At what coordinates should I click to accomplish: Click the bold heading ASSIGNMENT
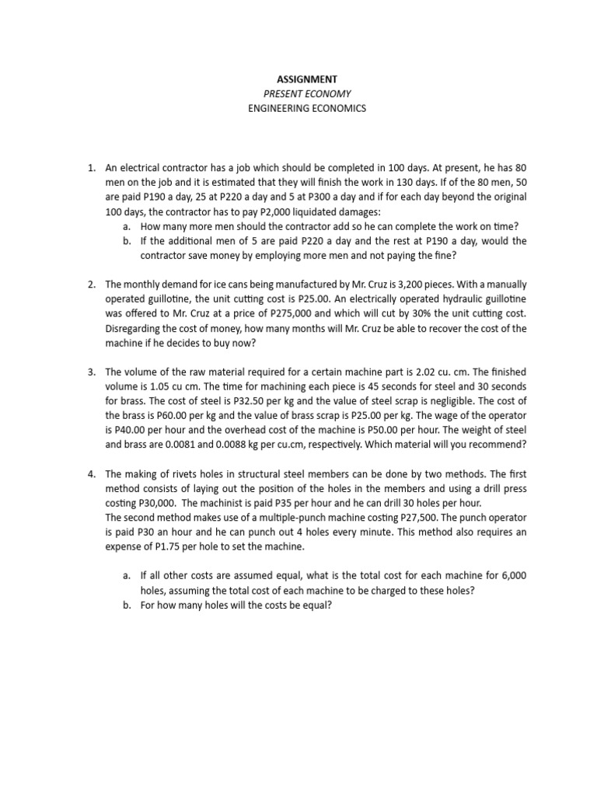pos(307,79)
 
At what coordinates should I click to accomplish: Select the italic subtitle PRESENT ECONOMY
pos(307,94)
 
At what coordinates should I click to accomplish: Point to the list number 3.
pos(91,372)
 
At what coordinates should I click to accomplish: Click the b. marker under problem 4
pos(127,606)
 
